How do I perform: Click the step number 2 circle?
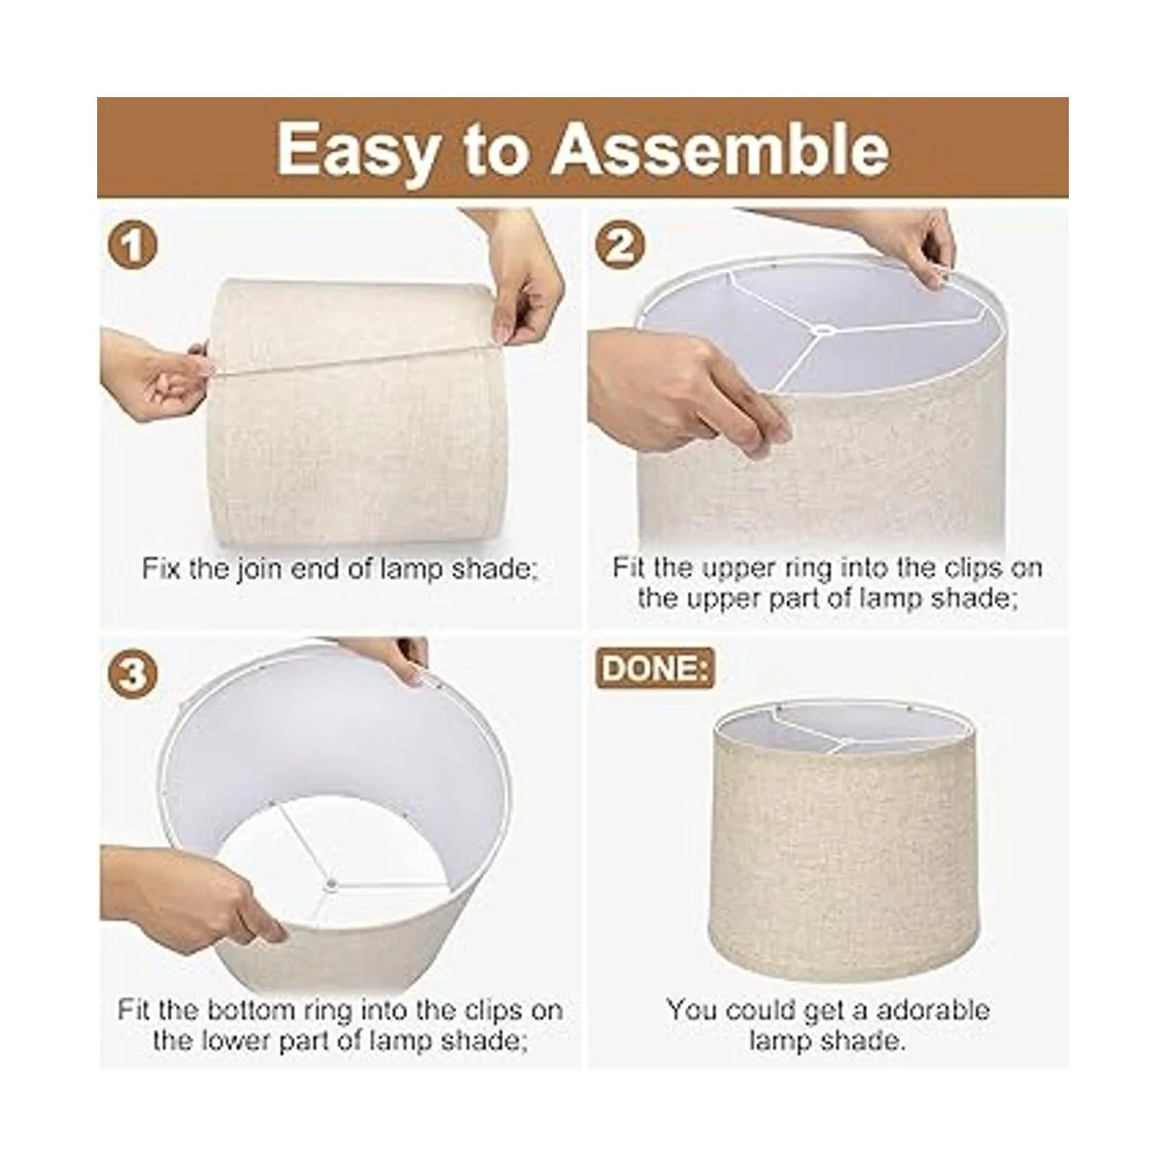[620, 246]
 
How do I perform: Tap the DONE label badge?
[655, 669]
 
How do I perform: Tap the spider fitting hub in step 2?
[822, 330]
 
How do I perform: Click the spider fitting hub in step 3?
[329, 885]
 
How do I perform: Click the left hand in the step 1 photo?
[154, 375]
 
